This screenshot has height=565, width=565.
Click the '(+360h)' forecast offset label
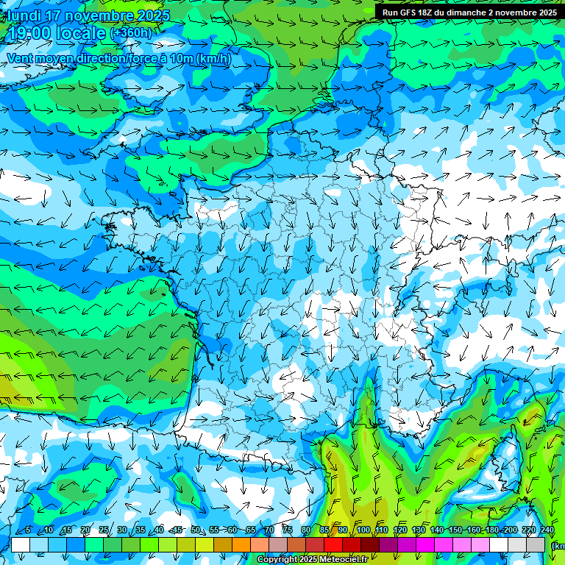pos(130,33)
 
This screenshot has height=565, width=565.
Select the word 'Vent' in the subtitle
pos(21,59)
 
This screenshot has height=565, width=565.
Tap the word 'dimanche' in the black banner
pos(475,13)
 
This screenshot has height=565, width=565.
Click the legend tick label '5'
pos(28,530)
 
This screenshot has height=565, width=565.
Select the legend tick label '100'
pos(363,530)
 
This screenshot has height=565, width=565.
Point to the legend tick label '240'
pos(547,530)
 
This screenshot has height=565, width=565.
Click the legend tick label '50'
pos(196,530)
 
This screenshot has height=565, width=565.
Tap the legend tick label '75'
pos(288,530)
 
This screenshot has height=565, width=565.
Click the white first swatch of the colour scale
pos(21,544)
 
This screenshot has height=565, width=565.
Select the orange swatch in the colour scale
pos(241,544)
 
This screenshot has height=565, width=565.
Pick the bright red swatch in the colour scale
pos(333,544)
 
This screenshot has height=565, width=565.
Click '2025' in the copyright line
pos(308,560)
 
